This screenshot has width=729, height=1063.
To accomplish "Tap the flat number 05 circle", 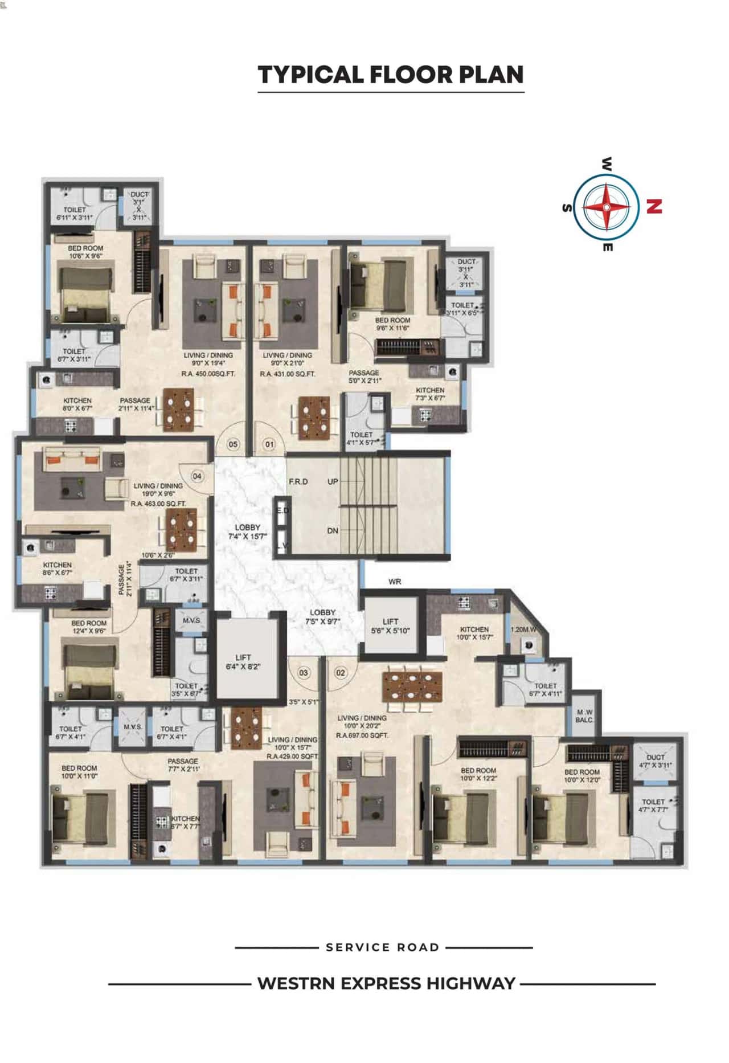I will tap(233, 444).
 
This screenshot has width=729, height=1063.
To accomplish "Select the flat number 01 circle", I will tap(269, 444).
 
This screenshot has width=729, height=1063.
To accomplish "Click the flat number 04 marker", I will tap(197, 476).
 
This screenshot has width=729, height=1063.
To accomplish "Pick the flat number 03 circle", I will tap(304, 673).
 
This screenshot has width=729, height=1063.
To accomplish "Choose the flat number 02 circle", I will tap(340, 673).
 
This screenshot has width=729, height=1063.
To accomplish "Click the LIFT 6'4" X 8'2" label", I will tap(243, 661).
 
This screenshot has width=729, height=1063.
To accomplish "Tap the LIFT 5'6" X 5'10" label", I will tap(390, 626).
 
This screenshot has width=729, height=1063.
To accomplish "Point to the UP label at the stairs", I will tap(333, 481).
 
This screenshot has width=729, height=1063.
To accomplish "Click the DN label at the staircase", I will tap(333, 530).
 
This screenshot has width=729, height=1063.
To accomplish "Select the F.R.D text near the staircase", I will tap(298, 481).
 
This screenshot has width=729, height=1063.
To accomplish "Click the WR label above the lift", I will tap(395, 582).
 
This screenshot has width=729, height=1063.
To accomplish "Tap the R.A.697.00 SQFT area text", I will tap(362, 735).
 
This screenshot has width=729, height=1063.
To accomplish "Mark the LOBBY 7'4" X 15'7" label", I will tap(247, 531).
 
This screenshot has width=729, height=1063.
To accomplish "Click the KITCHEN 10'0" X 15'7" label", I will tap(474, 633).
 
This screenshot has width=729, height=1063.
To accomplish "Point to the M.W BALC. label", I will tap(585, 716).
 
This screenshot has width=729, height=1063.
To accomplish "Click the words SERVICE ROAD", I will tap(383, 947).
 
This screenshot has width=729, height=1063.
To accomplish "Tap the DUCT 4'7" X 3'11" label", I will tap(655, 761).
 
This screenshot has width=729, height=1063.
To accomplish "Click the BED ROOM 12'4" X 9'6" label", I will tap(89, 627).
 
